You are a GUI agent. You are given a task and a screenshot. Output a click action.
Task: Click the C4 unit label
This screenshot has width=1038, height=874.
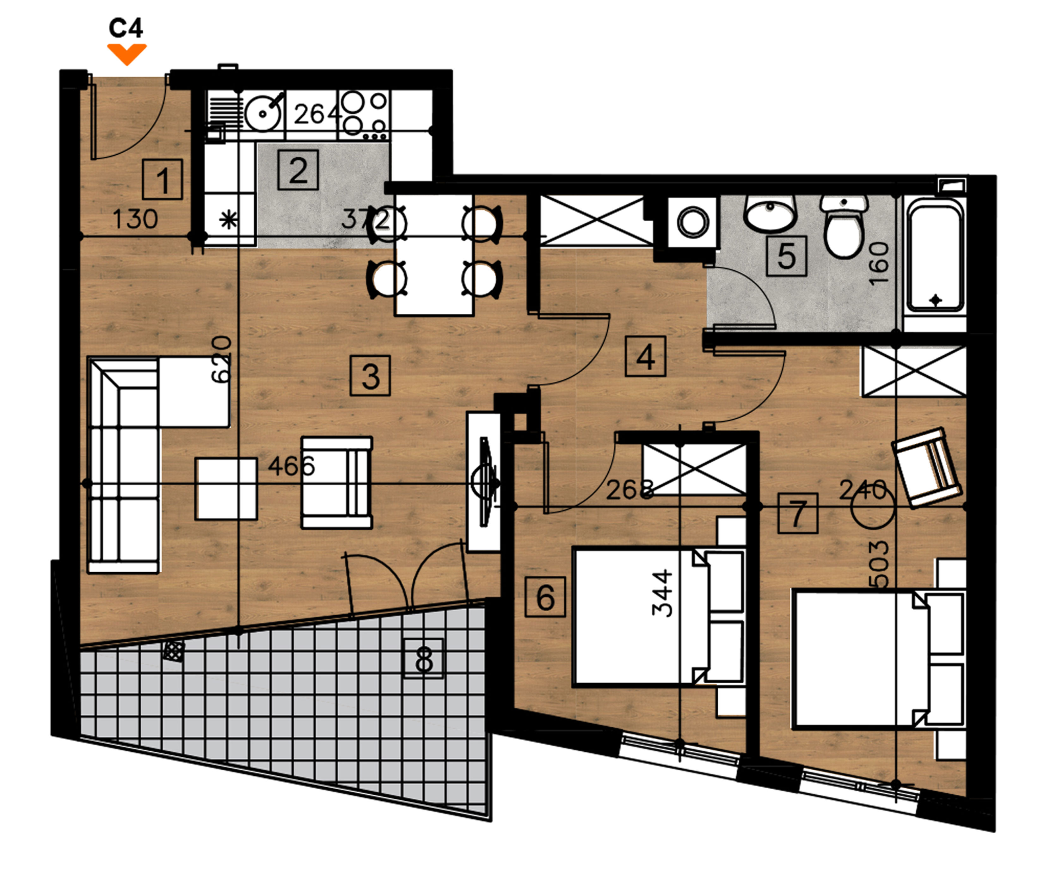click(126, 28)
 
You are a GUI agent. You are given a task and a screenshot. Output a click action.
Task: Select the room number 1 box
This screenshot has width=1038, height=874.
click(163, 179)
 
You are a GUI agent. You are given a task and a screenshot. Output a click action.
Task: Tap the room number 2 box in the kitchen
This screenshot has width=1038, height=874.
click(298, 170)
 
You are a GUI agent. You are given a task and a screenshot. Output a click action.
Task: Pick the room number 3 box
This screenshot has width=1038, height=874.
click(370, 376)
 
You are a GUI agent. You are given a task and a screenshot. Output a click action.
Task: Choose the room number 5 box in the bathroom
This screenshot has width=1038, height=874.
click(787, 256)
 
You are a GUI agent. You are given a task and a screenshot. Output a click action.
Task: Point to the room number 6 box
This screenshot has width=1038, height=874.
click(545, 597)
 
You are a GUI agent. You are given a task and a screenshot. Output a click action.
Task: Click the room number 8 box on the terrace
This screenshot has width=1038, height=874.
click(424, 658)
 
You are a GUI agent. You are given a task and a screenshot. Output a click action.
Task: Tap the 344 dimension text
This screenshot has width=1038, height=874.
click(662, 593)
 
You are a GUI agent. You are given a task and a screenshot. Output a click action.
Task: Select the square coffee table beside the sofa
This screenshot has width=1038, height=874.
click(226, 489)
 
